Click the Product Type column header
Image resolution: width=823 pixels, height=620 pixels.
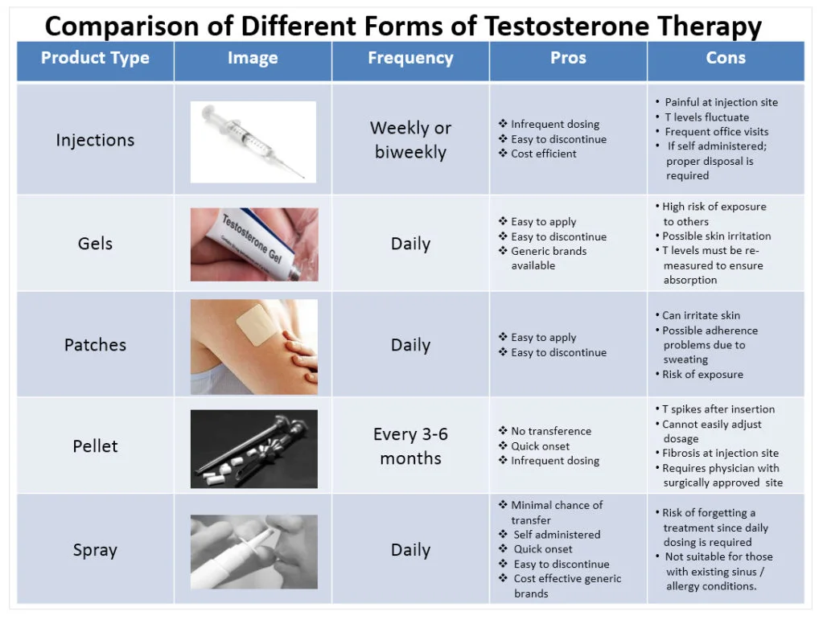point(95,58)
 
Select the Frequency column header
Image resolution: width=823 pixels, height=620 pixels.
point(410,58)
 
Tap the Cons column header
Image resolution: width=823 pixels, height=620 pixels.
point(726,58)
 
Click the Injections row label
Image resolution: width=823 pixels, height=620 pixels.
point(95,140)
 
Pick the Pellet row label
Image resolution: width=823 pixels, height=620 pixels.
point(95,445)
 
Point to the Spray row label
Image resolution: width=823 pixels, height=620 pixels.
point(95,550)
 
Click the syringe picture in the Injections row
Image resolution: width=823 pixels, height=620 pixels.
point(253,142)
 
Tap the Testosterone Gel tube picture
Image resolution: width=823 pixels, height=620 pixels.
point(254,244)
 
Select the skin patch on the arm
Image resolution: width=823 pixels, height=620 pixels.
point(253,325)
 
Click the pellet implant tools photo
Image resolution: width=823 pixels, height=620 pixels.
point(254,449)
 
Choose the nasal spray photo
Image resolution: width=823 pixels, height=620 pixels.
point(254,552)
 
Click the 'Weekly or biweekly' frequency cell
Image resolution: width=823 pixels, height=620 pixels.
point(410,140)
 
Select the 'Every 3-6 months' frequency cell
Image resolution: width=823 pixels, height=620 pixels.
point(410,446)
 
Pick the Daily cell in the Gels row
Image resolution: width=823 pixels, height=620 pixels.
point(410,244)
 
